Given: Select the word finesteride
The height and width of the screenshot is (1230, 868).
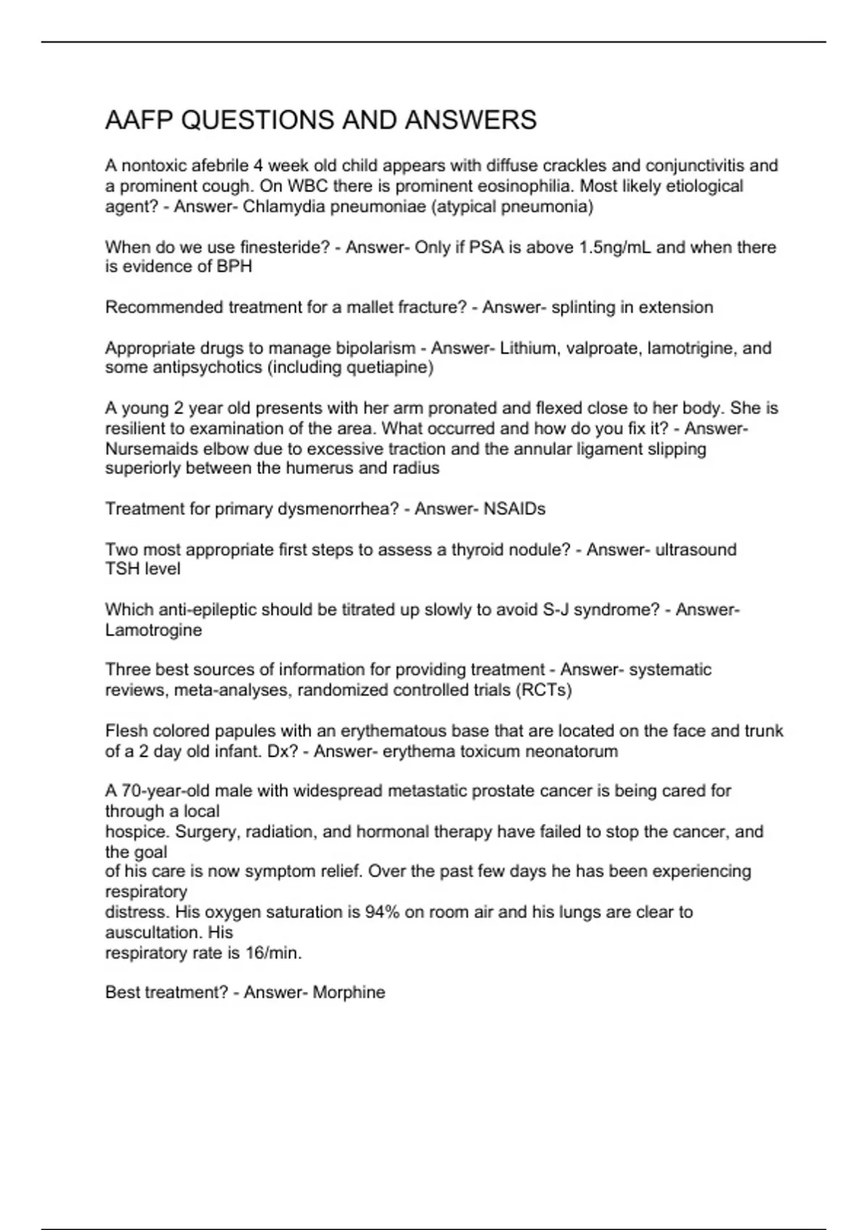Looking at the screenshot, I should coord(279,247).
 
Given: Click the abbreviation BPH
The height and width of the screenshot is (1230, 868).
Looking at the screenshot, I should coord(234,267).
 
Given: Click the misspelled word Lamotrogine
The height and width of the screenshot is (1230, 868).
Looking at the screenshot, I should coord(153,630).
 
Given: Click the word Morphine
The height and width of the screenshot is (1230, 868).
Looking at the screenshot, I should coord(349,992).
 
